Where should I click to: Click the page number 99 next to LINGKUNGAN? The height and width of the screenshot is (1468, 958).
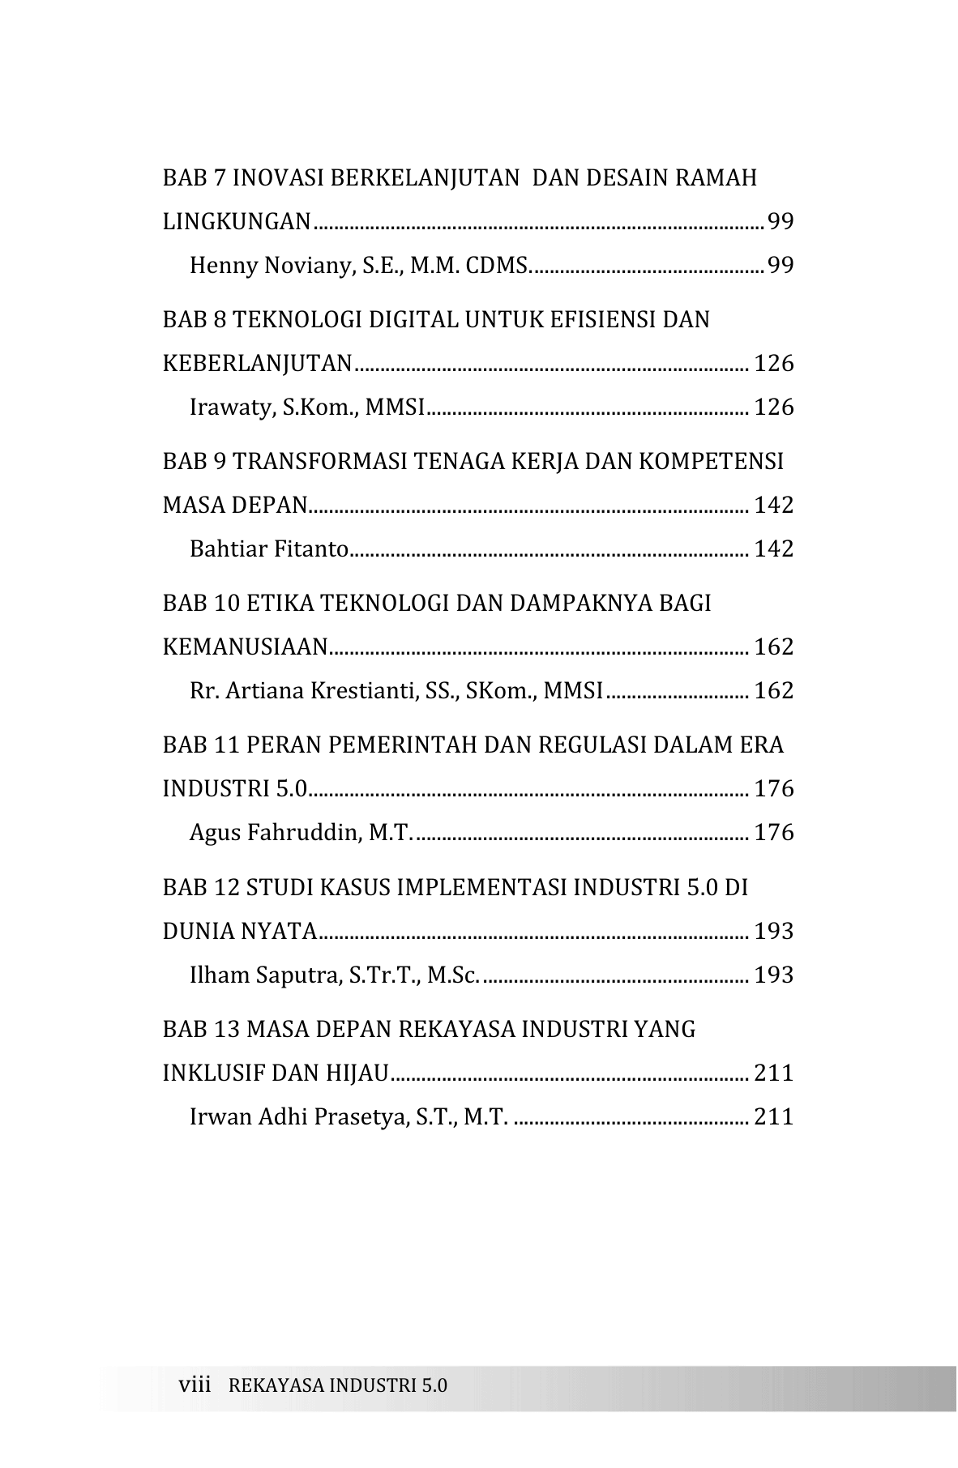pos(780,221)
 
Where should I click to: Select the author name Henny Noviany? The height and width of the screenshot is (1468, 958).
pos(268,266)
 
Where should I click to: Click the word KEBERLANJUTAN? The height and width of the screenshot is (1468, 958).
pos(257,364)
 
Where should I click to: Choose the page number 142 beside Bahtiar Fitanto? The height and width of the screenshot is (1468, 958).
pos(773,549)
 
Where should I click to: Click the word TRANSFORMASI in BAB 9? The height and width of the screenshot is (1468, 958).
pos(321,462)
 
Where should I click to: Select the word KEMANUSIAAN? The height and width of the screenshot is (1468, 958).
pos(245,647)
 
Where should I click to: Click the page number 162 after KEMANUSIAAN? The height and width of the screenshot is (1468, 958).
pos(773,647)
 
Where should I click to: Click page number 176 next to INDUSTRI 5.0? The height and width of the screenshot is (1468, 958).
pos(773,789)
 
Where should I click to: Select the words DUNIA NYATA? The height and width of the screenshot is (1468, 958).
pos(240,932)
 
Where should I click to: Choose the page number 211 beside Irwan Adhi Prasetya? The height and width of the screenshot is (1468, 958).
pos(773,1117)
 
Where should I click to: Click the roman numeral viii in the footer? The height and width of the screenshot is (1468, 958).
pos(194,1385)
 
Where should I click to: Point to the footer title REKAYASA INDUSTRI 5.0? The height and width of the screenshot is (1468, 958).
pos(338,1385)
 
